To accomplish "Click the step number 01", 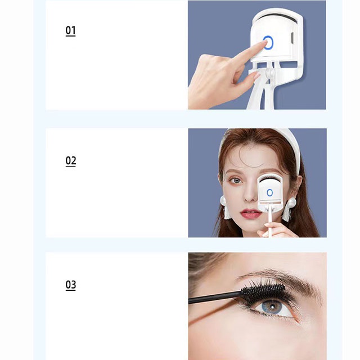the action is coord(70,31).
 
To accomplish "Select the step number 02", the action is coord(71,161).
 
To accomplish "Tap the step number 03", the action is coord(71,285).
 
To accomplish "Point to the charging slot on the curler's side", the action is coord(292,38).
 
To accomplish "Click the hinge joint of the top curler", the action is coord(269,73).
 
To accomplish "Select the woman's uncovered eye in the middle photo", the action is coord(236,181).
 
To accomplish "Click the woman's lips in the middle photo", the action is coord(250,214).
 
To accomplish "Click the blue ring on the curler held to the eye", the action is coord(270,192).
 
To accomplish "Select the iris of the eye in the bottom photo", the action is coord(271,307).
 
